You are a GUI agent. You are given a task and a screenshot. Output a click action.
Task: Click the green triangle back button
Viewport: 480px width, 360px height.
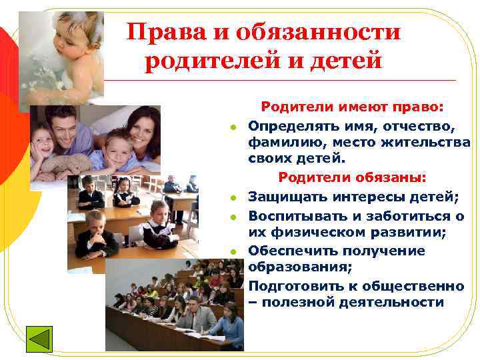pyautogui.click(x=39, y=337)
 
